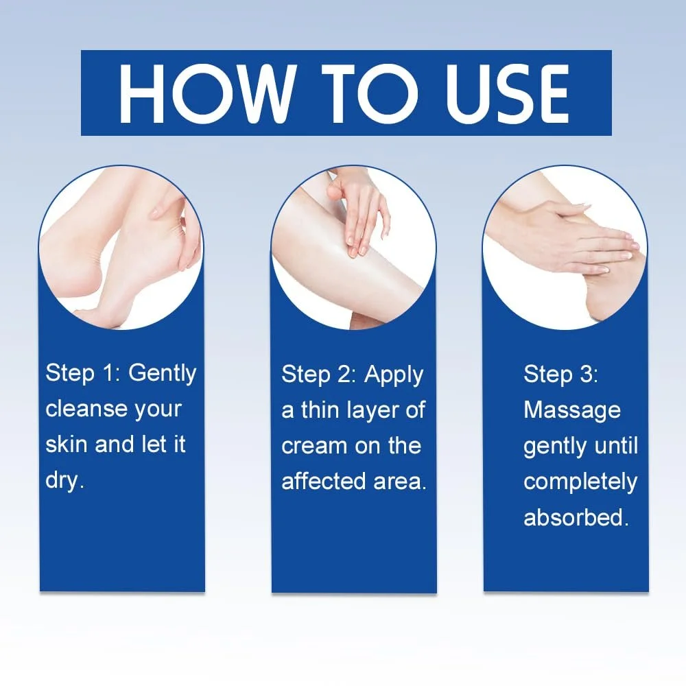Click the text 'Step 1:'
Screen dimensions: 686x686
pos(80,373)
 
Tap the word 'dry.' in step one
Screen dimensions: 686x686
pos(64,480)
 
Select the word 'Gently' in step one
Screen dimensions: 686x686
pos(162,373)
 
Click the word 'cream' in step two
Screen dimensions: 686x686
pos(314,446)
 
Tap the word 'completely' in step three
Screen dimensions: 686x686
pos(580,482)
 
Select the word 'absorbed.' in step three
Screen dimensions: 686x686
pos(576,517)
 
